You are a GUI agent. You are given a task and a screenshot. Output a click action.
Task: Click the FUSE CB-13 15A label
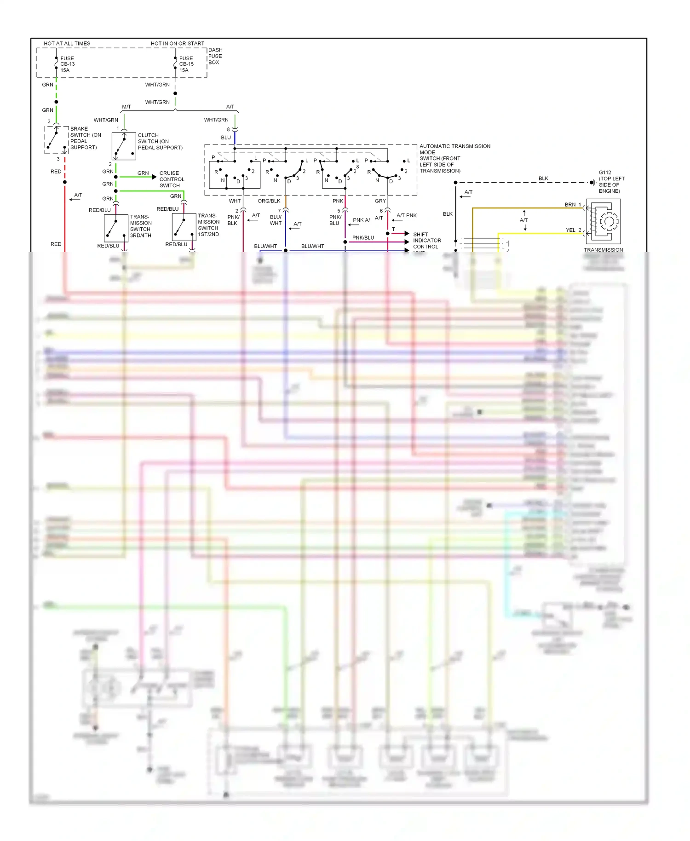coord(67,64)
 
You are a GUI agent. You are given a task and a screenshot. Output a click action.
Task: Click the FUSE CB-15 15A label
coord(186,64)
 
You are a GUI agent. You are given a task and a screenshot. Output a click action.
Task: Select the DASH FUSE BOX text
coord(215,56)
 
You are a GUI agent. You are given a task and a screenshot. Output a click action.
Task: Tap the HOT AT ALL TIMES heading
coord(67,44)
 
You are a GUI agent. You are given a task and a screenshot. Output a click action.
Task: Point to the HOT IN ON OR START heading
coord(177,44)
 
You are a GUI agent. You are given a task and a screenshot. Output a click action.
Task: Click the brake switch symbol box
coord(57,140)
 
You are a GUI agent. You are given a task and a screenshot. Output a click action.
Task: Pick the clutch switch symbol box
coord(124,146)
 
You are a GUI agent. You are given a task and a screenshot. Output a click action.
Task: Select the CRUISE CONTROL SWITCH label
coord(172,179)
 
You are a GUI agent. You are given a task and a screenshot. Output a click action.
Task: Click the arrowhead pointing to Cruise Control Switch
coord(154,177)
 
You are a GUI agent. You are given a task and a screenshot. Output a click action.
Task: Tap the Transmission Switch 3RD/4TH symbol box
coord(116,228)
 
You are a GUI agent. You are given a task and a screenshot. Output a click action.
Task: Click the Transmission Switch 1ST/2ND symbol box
coord(184,227)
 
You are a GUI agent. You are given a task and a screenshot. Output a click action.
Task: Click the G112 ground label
coord(611,182)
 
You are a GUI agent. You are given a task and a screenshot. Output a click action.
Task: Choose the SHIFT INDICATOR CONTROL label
coord(426,241)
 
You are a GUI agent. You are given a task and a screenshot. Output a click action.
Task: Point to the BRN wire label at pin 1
coord(570,205)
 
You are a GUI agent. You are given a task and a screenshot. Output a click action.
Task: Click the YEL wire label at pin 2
coord(570,230)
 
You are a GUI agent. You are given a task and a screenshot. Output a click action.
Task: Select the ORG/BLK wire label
coord(269,201)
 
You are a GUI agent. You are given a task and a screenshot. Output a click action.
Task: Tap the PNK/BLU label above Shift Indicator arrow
coord(363,238)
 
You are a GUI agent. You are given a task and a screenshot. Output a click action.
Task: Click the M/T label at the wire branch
coord(126,107)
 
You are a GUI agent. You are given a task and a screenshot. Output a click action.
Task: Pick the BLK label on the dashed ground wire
coord(543,179)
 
